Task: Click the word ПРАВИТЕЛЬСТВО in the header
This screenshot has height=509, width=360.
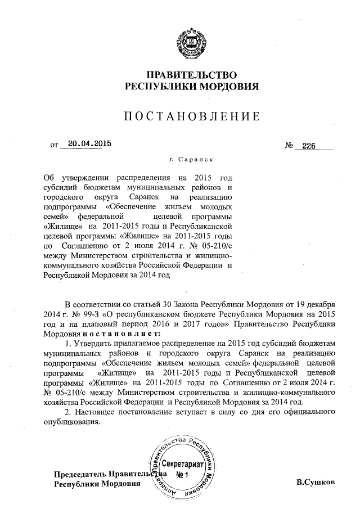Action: [x=191, y=75]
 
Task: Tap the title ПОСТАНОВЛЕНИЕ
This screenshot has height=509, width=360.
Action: [x=191, y=116]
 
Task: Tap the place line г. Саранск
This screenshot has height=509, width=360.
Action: [x=191, y=160]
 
